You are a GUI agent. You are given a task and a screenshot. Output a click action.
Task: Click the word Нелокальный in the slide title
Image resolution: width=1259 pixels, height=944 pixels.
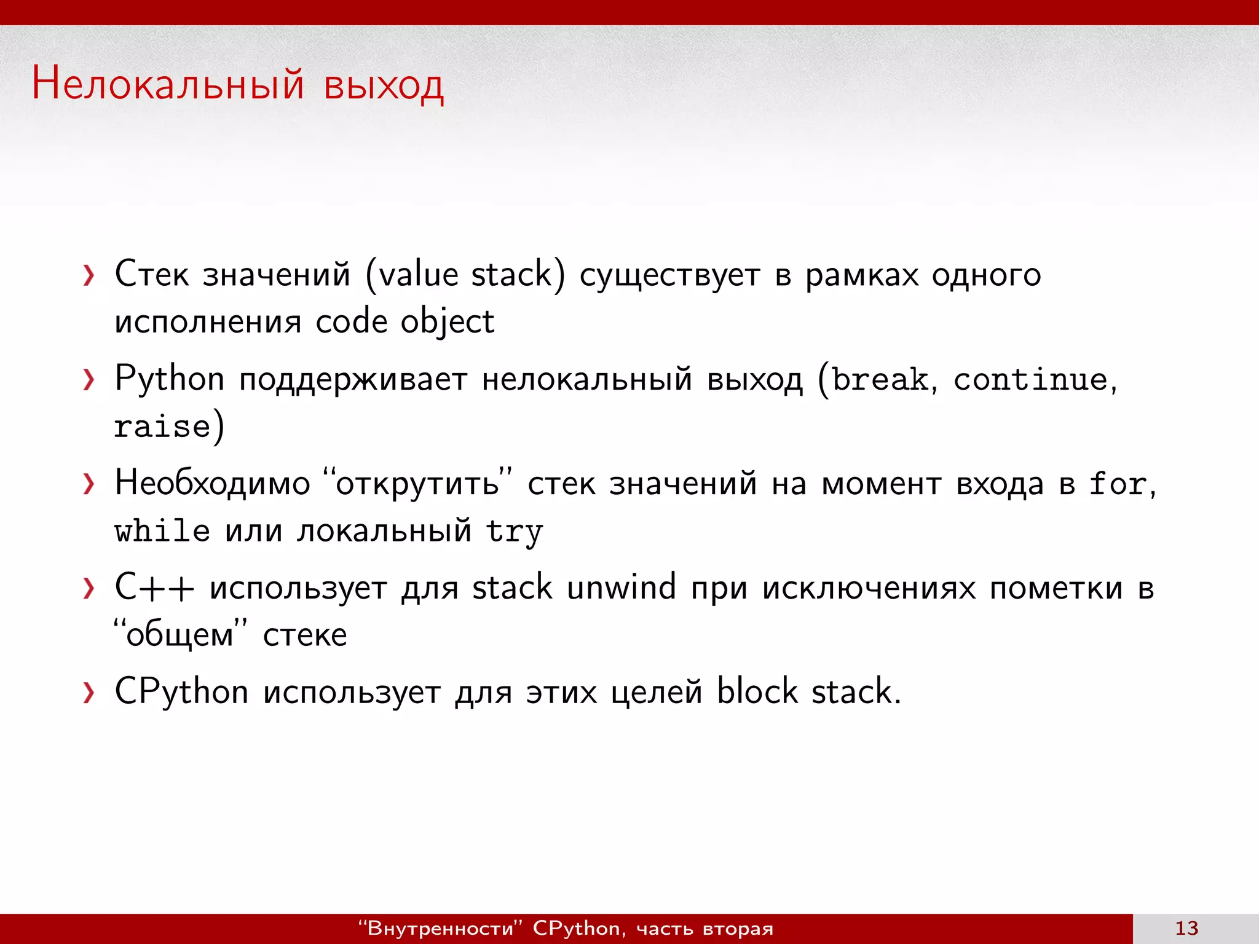167,84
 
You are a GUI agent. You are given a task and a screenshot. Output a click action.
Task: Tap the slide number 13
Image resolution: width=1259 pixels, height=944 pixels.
1186,928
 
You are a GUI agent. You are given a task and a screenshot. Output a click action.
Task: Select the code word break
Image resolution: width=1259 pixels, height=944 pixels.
880,379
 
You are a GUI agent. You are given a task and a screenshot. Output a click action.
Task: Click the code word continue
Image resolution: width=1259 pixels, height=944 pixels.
1030,379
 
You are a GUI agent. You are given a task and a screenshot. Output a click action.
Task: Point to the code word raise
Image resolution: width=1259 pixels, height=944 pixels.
162,427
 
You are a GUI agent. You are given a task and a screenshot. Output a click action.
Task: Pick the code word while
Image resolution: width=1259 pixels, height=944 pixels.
162,530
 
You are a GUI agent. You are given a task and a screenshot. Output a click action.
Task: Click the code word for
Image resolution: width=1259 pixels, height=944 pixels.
1118,484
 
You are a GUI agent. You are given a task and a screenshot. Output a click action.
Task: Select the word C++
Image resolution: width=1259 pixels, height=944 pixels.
154,587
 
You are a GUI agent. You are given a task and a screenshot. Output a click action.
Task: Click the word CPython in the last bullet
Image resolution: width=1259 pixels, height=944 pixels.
181,692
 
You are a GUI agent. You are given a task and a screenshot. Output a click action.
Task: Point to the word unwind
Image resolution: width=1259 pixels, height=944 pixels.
621,587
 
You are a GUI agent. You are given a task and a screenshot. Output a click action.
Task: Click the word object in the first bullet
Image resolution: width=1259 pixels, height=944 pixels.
447,322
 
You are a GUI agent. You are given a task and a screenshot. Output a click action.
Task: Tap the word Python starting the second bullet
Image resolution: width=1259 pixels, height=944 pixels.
169,379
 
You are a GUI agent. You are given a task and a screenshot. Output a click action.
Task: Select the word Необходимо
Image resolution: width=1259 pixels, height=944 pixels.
212,483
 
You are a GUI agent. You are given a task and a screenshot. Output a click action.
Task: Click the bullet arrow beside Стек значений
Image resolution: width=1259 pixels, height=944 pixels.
89,275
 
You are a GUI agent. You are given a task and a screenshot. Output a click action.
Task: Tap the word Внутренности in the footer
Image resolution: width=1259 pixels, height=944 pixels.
440,928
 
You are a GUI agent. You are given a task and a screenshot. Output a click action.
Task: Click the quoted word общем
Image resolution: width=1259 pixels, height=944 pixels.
180,635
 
